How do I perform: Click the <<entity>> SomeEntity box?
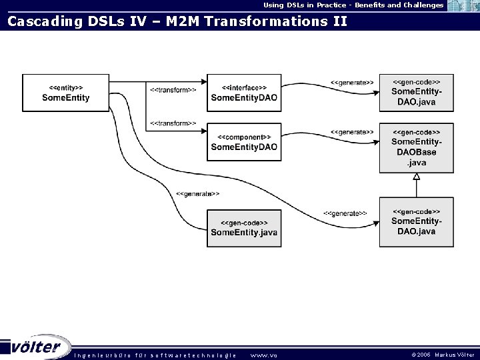65,93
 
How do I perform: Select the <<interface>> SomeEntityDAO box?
243,93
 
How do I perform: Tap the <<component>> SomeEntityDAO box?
243,141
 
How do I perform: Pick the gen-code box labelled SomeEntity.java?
243,227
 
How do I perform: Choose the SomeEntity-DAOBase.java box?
416,147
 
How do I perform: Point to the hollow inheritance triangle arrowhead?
416,176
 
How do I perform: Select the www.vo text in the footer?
263,355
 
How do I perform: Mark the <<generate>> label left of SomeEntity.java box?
197,193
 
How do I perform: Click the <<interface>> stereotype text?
244,87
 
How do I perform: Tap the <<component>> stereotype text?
244,137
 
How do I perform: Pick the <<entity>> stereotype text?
66,87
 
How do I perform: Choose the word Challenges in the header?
420,5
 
